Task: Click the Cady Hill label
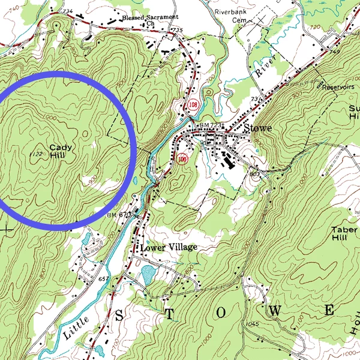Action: click(x=59, y=151)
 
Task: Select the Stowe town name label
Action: click(x=258, y=128)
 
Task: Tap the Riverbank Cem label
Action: click(x=235, y=14)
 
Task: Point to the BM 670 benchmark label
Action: click(x=118, y=214)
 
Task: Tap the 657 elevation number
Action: click(x=103, y=280)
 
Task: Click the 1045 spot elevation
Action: click(x=251, y=325)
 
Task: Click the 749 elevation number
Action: click(x=334, y=53)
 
